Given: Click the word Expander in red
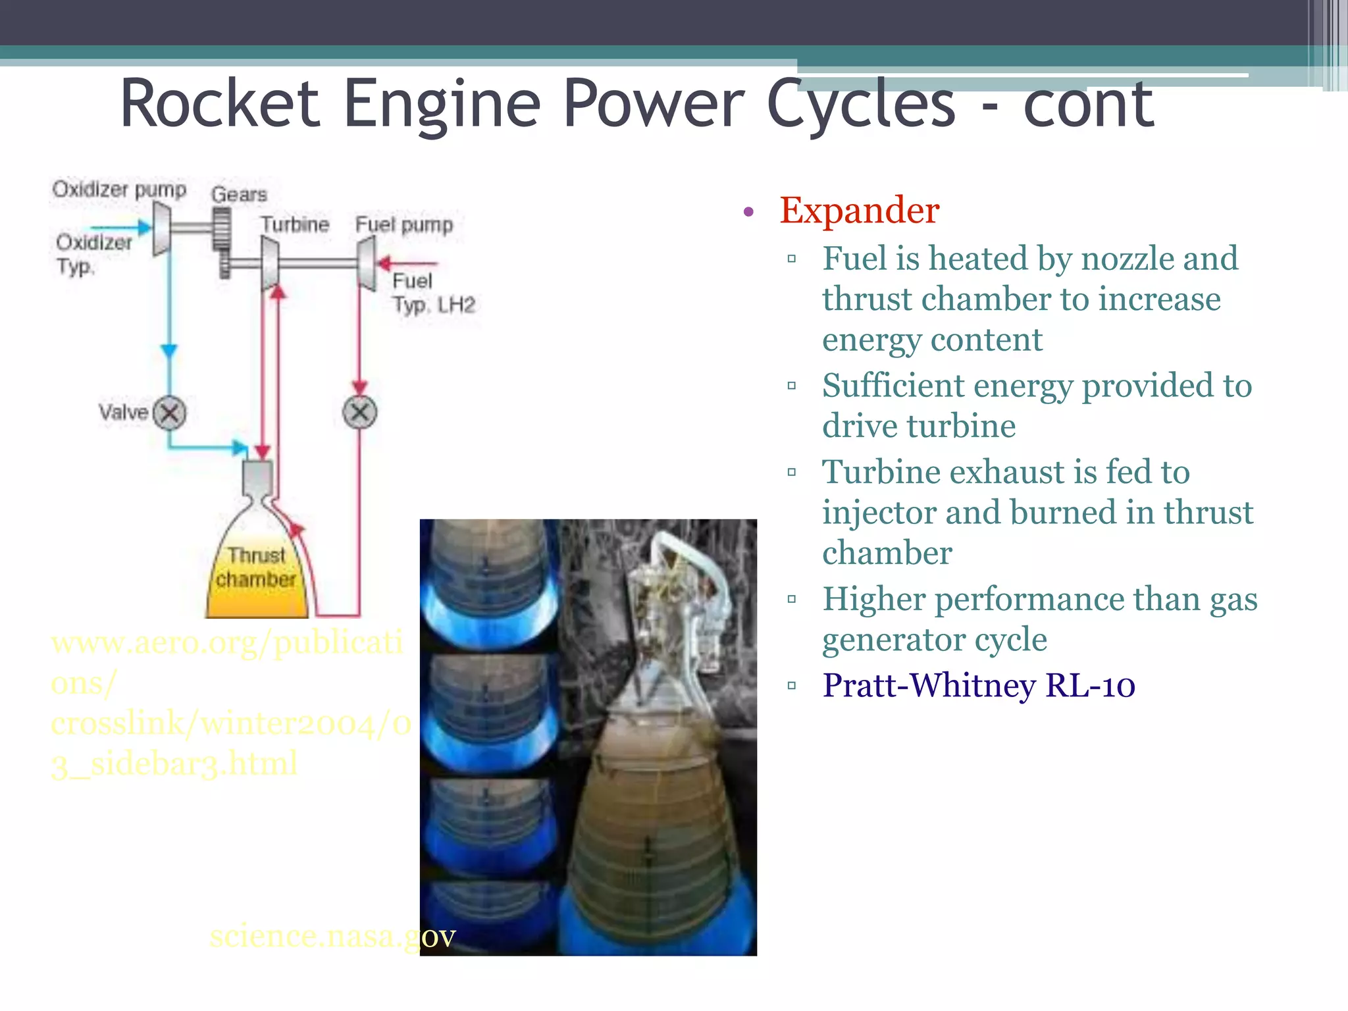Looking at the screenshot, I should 859,211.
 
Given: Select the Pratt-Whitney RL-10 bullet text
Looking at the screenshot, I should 978,686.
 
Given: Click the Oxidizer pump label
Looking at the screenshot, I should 119,190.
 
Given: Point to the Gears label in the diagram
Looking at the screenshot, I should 239,195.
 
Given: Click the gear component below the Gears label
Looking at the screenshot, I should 222,230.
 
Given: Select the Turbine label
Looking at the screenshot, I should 294,224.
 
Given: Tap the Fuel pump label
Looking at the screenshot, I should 404,224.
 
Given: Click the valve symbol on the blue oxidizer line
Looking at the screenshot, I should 170,413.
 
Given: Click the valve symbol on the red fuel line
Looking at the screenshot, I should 359,413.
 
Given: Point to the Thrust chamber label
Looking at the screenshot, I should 256,567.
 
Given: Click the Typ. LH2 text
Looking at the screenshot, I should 434,305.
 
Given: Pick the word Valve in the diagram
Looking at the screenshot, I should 123,413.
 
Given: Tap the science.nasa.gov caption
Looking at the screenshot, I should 332,936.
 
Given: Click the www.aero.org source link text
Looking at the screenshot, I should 226,642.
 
